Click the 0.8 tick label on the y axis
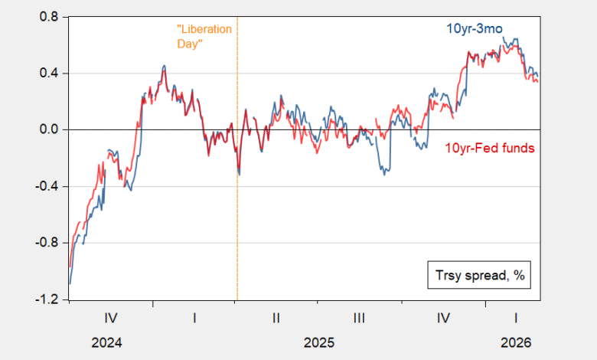point(47,17)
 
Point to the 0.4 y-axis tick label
point(47,74)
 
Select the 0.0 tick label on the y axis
point(47,130)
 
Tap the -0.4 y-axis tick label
point(45,187)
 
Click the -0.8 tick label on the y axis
point(45,244)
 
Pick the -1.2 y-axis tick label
point(45,300)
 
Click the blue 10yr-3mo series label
point(475,29)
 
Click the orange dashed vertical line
point(237,230)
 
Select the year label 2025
point(318,341)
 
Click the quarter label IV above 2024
point(110,316)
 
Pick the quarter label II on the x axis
point(277,316)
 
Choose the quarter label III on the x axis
point(360,316)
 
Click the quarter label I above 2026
point(515,316)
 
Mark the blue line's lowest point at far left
point(70,283)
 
